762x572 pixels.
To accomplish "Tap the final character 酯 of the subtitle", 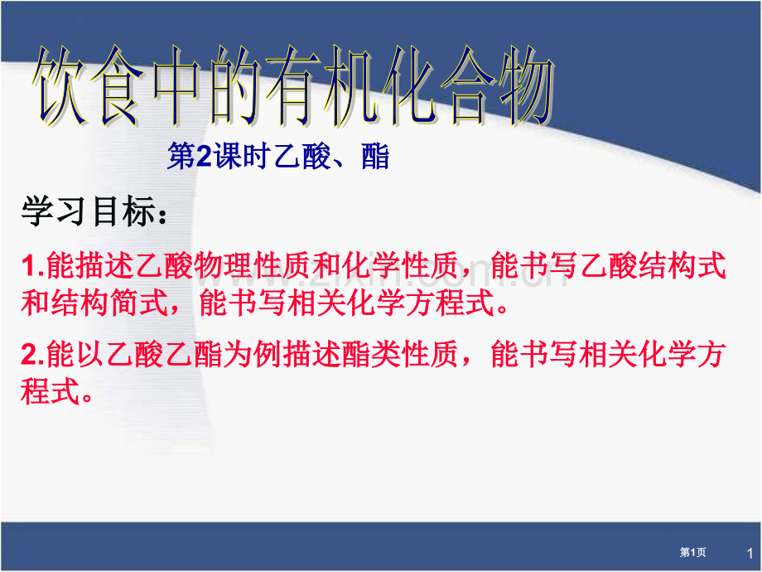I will click(x=374, y=158).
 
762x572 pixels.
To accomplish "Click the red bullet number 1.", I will click(x=29, y=267).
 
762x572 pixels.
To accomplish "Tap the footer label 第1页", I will click(x=693, y=552).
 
